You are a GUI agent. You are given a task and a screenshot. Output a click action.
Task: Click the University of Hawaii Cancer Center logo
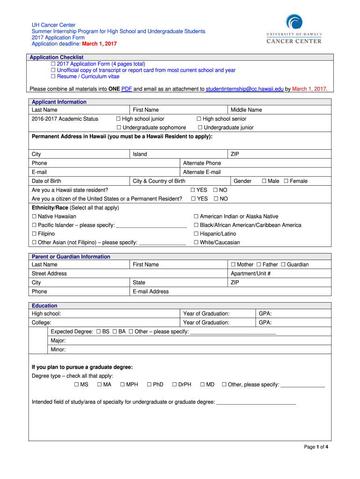(294, 29)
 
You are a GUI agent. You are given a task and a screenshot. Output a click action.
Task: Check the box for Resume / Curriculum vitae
(53, 76)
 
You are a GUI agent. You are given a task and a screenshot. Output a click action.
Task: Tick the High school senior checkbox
(199, 119)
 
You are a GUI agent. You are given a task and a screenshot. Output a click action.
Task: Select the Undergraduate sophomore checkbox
(119, 128)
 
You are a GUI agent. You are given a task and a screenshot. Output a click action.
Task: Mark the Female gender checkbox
(286, 181)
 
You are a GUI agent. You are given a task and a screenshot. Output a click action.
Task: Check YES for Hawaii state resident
(193, 190)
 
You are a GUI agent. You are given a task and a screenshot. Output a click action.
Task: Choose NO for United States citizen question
(216, 199)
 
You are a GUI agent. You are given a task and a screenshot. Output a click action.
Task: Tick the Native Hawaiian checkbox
(34, 217)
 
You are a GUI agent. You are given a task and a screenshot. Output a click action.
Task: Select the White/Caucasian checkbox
(196, 242)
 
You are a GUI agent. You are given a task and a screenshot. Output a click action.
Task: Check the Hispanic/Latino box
(196, 234)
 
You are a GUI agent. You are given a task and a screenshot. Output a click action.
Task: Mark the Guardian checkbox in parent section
(283, 265)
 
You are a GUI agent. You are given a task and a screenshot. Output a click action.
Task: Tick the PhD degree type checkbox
(149, 385)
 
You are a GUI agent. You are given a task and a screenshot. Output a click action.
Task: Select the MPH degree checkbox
(122, 385)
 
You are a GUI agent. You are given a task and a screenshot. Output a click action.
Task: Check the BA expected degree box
(115, 332)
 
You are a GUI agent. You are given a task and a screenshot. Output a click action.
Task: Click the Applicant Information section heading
(59, 102)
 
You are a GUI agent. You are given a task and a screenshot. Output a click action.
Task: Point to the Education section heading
(44, 306)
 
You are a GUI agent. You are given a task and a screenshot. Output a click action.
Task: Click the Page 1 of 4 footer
(316, 447)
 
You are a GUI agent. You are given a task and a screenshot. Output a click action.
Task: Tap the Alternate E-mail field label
(202, 172)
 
